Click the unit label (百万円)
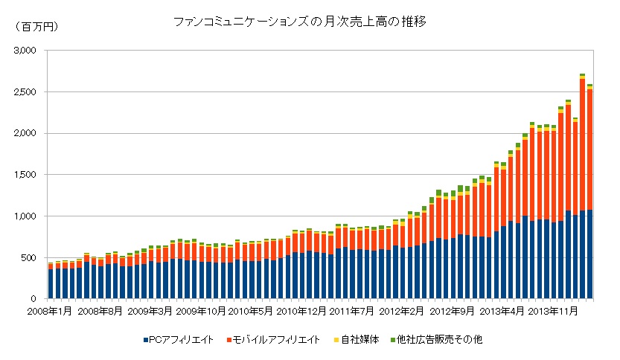click(36, 27)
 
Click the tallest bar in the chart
click(582, 186)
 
